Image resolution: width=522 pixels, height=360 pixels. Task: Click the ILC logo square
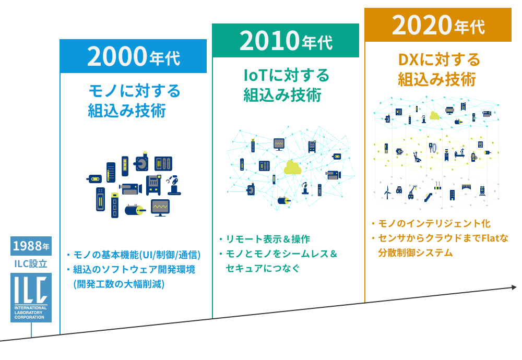[31, 299]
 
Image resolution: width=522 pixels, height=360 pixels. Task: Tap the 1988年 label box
[31, 246]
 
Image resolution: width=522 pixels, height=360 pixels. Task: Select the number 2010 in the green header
[268, 41]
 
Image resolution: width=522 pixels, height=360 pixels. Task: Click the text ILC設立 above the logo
[31, 264]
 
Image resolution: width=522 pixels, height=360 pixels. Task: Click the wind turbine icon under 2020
[387, 193]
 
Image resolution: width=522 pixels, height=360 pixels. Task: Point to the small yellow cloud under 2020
[434, 116]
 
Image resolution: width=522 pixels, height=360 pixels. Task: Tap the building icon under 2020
[452, 195]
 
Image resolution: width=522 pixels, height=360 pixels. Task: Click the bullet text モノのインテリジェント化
[434, 224]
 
